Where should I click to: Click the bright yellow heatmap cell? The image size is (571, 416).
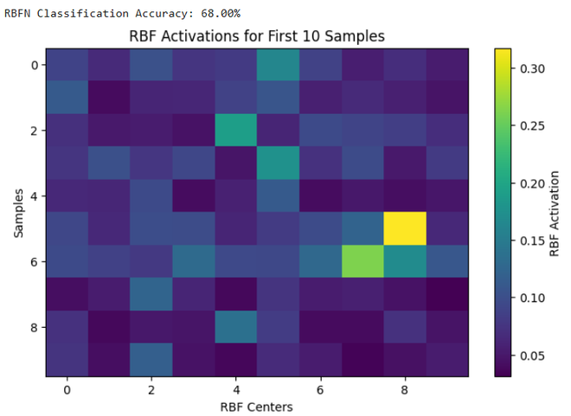click(x=405, y=228)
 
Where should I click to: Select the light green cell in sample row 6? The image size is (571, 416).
click(x=362, y=261)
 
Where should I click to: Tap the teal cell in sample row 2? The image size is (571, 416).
click(x=235, y=130)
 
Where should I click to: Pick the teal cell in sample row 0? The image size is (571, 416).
click(x=278, y=64)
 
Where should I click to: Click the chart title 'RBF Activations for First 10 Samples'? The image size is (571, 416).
click(x=256, y=36)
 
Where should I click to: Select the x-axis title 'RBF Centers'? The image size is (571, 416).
click(x=256, y=406)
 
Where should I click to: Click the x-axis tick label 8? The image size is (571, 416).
click(x=405, y=390)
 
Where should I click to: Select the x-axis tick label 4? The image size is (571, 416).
click(x=235, y=390)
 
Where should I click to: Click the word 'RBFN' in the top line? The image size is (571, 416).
click(x=18, y=14)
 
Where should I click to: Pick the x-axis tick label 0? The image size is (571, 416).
click(x=66, y=390)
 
